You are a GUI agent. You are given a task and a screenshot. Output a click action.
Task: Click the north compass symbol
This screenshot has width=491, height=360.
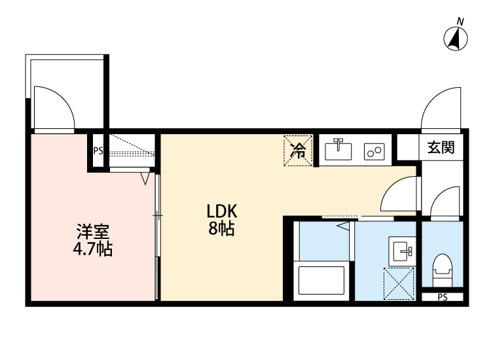(456, 40)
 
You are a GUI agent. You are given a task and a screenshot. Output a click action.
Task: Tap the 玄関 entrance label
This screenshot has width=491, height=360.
(441, 148)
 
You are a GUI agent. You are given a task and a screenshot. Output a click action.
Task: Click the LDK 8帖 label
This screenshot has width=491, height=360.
(221, 220)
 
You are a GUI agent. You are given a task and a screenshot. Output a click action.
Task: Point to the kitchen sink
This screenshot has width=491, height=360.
(338, 149)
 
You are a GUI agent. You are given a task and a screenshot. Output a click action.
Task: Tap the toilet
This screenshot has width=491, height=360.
(443, 268)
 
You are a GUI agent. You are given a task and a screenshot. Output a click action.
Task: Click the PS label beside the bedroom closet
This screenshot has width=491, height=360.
(98, 151)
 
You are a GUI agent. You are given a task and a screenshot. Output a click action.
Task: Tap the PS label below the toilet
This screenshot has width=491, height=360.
(443, 298)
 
